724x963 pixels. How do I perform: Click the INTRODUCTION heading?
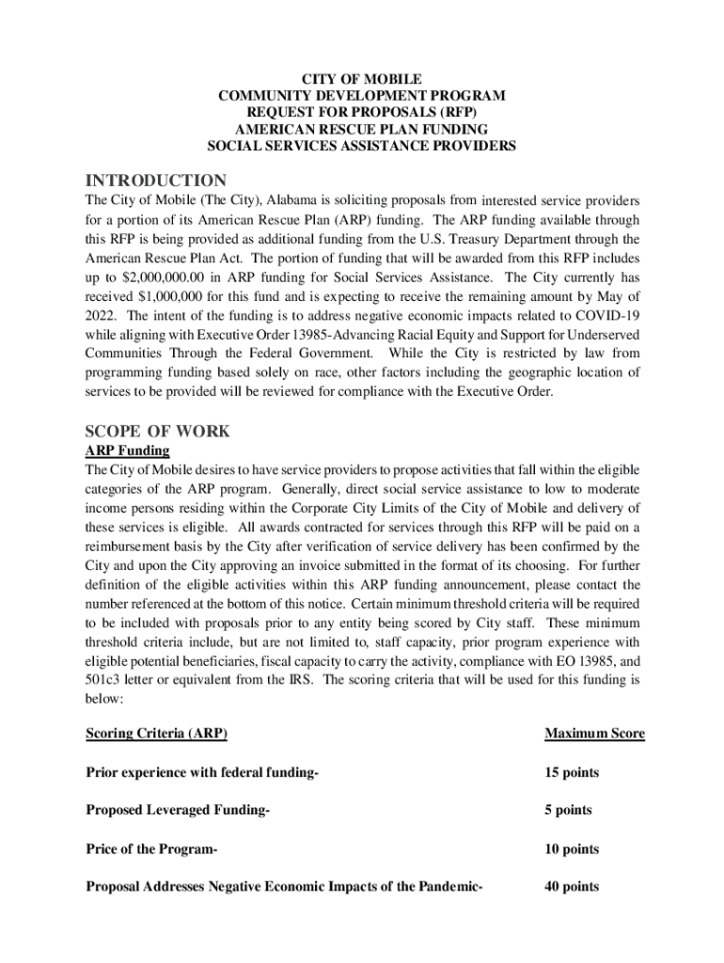(x=155, y=181)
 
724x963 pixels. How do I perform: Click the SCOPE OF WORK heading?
(x=157, y=432)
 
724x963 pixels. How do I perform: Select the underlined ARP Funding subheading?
(x=127, y=450)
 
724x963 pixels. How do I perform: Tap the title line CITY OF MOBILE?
(x=361, y=79)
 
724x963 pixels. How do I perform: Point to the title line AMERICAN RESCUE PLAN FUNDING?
(x=361, y=130)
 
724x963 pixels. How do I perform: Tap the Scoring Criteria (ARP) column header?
(x=156, y=734)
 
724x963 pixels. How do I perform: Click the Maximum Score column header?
(x=594, y=734)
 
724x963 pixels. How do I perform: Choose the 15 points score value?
(x=571, y=773)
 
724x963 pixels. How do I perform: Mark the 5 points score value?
(x=567, y=810)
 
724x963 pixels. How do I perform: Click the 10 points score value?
(x=571, y=849)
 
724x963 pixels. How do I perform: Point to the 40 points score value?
(x=571, y=887)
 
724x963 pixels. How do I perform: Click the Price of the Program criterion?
(x=151, y=849)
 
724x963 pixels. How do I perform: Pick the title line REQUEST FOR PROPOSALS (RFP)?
(x=361, y=113)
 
